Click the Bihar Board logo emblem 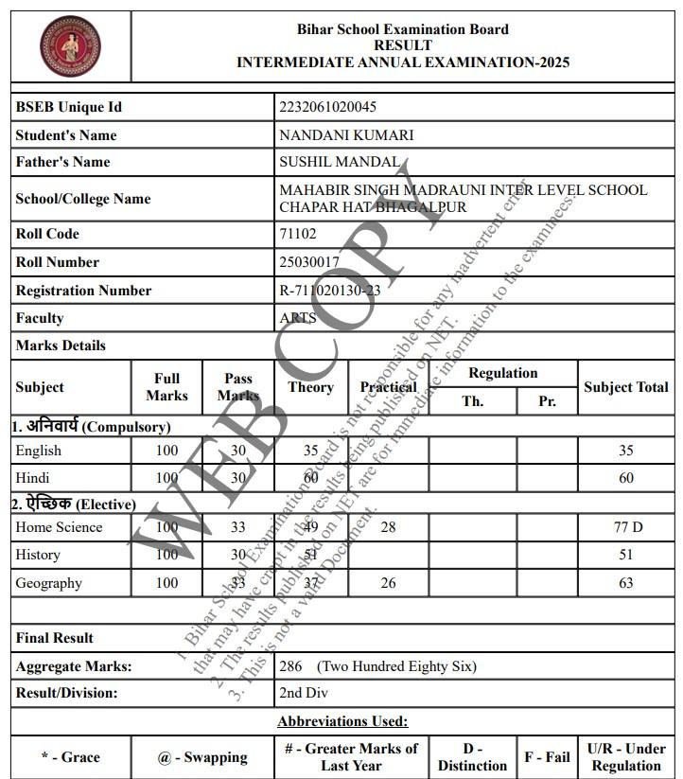pos(70,45)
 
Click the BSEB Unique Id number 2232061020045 pos(327,107)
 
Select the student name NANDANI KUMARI pos(346,135)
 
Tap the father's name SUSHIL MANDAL pos(340,162)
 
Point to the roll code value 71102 pos(298,234)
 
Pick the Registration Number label pos(83,291)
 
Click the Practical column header pos(388,387)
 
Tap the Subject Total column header pos(625,387)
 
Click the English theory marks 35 pos(311,451)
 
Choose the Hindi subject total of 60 pos(625,478)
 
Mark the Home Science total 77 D pos(625,527)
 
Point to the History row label pos(38,555)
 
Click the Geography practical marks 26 pos(388,583)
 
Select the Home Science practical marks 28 pos(388,527)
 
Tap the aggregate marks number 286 pos(290,666)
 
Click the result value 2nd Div pos(304,693)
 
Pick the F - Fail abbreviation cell pos(547,757)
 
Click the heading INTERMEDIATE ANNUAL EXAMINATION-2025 pos(403,62)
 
